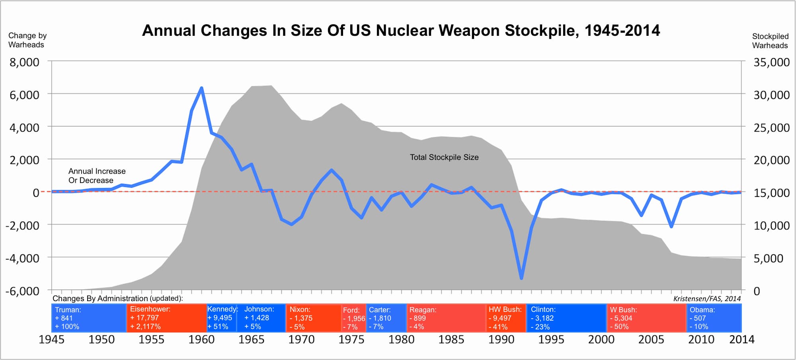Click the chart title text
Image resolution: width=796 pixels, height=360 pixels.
pos(401,31)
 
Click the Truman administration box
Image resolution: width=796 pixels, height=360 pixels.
pos(89,318)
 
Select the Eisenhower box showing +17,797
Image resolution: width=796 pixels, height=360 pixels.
pos(166,318)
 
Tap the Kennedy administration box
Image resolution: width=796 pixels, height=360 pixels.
pos(222,318)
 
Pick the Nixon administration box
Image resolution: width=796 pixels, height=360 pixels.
pos(313,318)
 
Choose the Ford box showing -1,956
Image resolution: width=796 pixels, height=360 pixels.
pos(353,318)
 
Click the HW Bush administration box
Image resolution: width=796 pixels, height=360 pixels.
pos(506,318)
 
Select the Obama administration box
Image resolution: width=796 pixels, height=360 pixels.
pos(714,318)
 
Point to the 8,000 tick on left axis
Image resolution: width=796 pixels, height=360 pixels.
pos(24,62)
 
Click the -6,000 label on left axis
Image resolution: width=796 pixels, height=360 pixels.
pos(22,291)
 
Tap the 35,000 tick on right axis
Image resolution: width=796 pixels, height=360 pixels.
pos(771,62)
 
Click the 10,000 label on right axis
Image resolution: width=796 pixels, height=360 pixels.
pos(771,226)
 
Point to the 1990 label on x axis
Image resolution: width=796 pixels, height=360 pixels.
pos(501,339)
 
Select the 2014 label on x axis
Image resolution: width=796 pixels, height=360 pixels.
pos(741,339)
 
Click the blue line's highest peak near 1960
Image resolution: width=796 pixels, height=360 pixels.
pos(201,88)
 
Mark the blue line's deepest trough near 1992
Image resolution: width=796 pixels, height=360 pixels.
pos(521,278)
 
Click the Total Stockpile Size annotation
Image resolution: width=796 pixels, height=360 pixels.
pos(444,157)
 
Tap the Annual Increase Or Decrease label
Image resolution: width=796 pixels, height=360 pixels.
pos(97,175)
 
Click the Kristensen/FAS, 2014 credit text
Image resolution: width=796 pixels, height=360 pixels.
pos(707,299)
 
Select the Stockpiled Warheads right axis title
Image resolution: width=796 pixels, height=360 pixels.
pos(770,41)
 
